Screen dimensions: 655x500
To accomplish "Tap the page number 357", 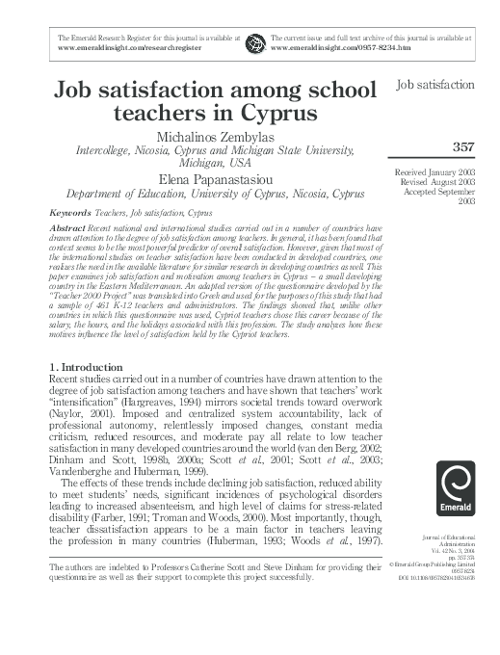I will coord(461,147).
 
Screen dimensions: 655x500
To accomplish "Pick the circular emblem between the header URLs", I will coord(255,41).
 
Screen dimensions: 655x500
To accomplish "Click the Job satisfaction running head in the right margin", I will coord(435,86).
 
